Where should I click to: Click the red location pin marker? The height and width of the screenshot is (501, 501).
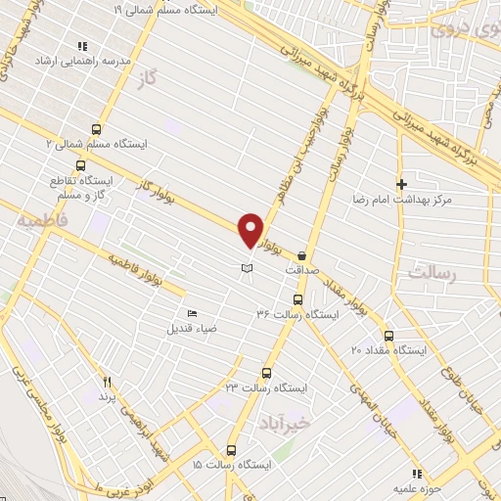[x=250, y=229]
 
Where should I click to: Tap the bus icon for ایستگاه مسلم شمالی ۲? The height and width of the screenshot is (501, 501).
[x=96, y=128]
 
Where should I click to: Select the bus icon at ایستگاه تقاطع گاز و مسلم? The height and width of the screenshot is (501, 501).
[x=55, y=181]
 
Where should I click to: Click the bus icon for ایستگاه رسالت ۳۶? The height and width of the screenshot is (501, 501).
[x=297, y=300]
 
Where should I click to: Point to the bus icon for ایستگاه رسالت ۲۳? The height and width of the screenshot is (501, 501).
[x=266, y=373]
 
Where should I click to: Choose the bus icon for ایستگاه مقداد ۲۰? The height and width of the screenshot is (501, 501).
[x=389, y=335]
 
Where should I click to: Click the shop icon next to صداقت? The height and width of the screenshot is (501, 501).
[x=314, y=253]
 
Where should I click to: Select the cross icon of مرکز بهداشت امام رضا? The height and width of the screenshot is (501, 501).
[x=401, y=184]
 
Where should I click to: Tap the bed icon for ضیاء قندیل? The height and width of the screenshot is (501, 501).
[x=192, y=313]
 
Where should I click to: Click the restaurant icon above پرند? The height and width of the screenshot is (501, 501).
[x=108, y=384]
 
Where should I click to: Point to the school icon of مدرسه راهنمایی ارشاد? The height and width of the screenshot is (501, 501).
[x=82, y=46]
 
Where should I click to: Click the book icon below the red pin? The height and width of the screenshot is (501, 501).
[x=248, y=267]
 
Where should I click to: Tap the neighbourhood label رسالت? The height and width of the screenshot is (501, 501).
[x=433, y=275]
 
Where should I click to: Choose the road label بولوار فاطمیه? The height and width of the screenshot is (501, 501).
[x=147, y=275]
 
